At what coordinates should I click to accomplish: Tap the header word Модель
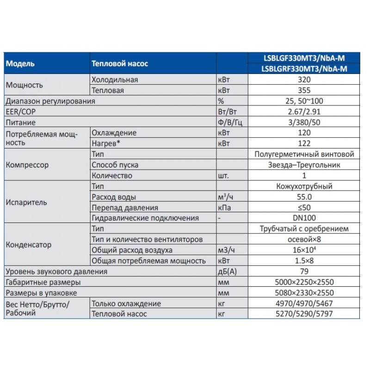pyautogui.click(x=20, y=64)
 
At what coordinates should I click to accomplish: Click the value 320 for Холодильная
pyautogui.click(x=304, y=80)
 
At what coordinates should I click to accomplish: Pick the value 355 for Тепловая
pyautogui.click(x=304, y=90)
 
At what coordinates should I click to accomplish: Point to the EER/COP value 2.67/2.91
pyautogui.click(x=304, y=111)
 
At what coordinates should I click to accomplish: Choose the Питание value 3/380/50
pyautogui.click(x=304, y=123)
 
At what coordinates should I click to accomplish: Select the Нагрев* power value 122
pyautogui.click(x=304, y=143)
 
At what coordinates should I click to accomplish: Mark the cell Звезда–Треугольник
pyautogui.click(x=304, y=165)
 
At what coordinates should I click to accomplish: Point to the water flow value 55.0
pyautogui.click(x=304, y=197)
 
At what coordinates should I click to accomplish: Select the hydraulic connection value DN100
pyautogui.click(x=304, y=218)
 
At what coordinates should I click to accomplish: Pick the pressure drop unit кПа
pyautogui.click(x=224, y=208)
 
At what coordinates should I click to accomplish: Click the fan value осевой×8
pyautogui.click(x=304, y=240)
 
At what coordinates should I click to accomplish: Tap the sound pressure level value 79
pyautogui.click(x=304, y=271)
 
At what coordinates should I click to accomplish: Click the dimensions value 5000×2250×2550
pyautogui.click(x=304, y=282)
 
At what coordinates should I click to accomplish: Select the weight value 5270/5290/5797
pyautogui.click(x=304, y=314)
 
